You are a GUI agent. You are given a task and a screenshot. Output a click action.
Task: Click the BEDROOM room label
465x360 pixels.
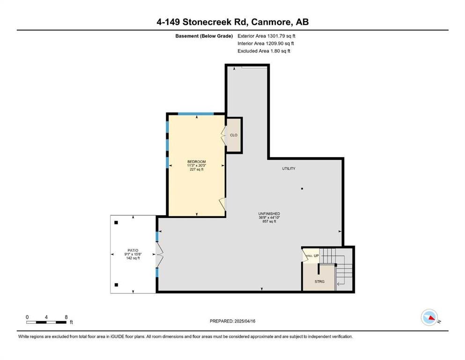click(x=196, y=162)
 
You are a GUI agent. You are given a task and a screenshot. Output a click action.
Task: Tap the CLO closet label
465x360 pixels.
click(x=234, y=135)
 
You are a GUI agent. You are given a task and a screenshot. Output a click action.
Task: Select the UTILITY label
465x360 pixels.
click(x=288, y=169)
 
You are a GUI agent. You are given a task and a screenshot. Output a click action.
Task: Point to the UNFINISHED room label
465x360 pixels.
click(x=269, y=214)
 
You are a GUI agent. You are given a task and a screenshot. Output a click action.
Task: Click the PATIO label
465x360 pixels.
click(x=133, y=250)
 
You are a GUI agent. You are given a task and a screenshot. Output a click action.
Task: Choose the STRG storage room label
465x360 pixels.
click(x=319, y=281)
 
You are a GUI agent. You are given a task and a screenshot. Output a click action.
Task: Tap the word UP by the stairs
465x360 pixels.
click(x=316, y=255)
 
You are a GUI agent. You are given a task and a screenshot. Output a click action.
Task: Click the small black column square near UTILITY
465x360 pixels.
click(x=302, y=188)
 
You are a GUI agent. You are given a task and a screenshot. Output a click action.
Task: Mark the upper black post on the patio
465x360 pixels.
click(x=116, y=223)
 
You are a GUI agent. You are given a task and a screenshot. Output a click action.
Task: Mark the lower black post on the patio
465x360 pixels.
click(x=116, y=285)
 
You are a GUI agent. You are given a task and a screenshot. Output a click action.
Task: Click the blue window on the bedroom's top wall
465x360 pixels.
click(x=196, y=113)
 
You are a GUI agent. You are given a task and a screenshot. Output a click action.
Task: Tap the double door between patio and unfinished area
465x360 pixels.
click(x=159, y=255)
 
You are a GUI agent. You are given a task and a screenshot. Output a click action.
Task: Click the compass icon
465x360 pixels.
click(x=429, y=317)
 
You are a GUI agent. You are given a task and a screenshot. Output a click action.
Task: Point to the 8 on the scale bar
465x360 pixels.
click(x=66, y=317)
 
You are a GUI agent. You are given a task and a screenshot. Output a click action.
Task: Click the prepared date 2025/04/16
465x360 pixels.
click(x=244, y=321)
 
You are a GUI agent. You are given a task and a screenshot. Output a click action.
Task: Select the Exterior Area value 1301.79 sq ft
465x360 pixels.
click(x=281, y=36)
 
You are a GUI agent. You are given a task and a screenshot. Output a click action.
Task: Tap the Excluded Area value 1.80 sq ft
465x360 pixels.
click(x=280, y=51)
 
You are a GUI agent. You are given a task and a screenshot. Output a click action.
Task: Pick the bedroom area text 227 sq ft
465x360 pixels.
click(x=196, y=170)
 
